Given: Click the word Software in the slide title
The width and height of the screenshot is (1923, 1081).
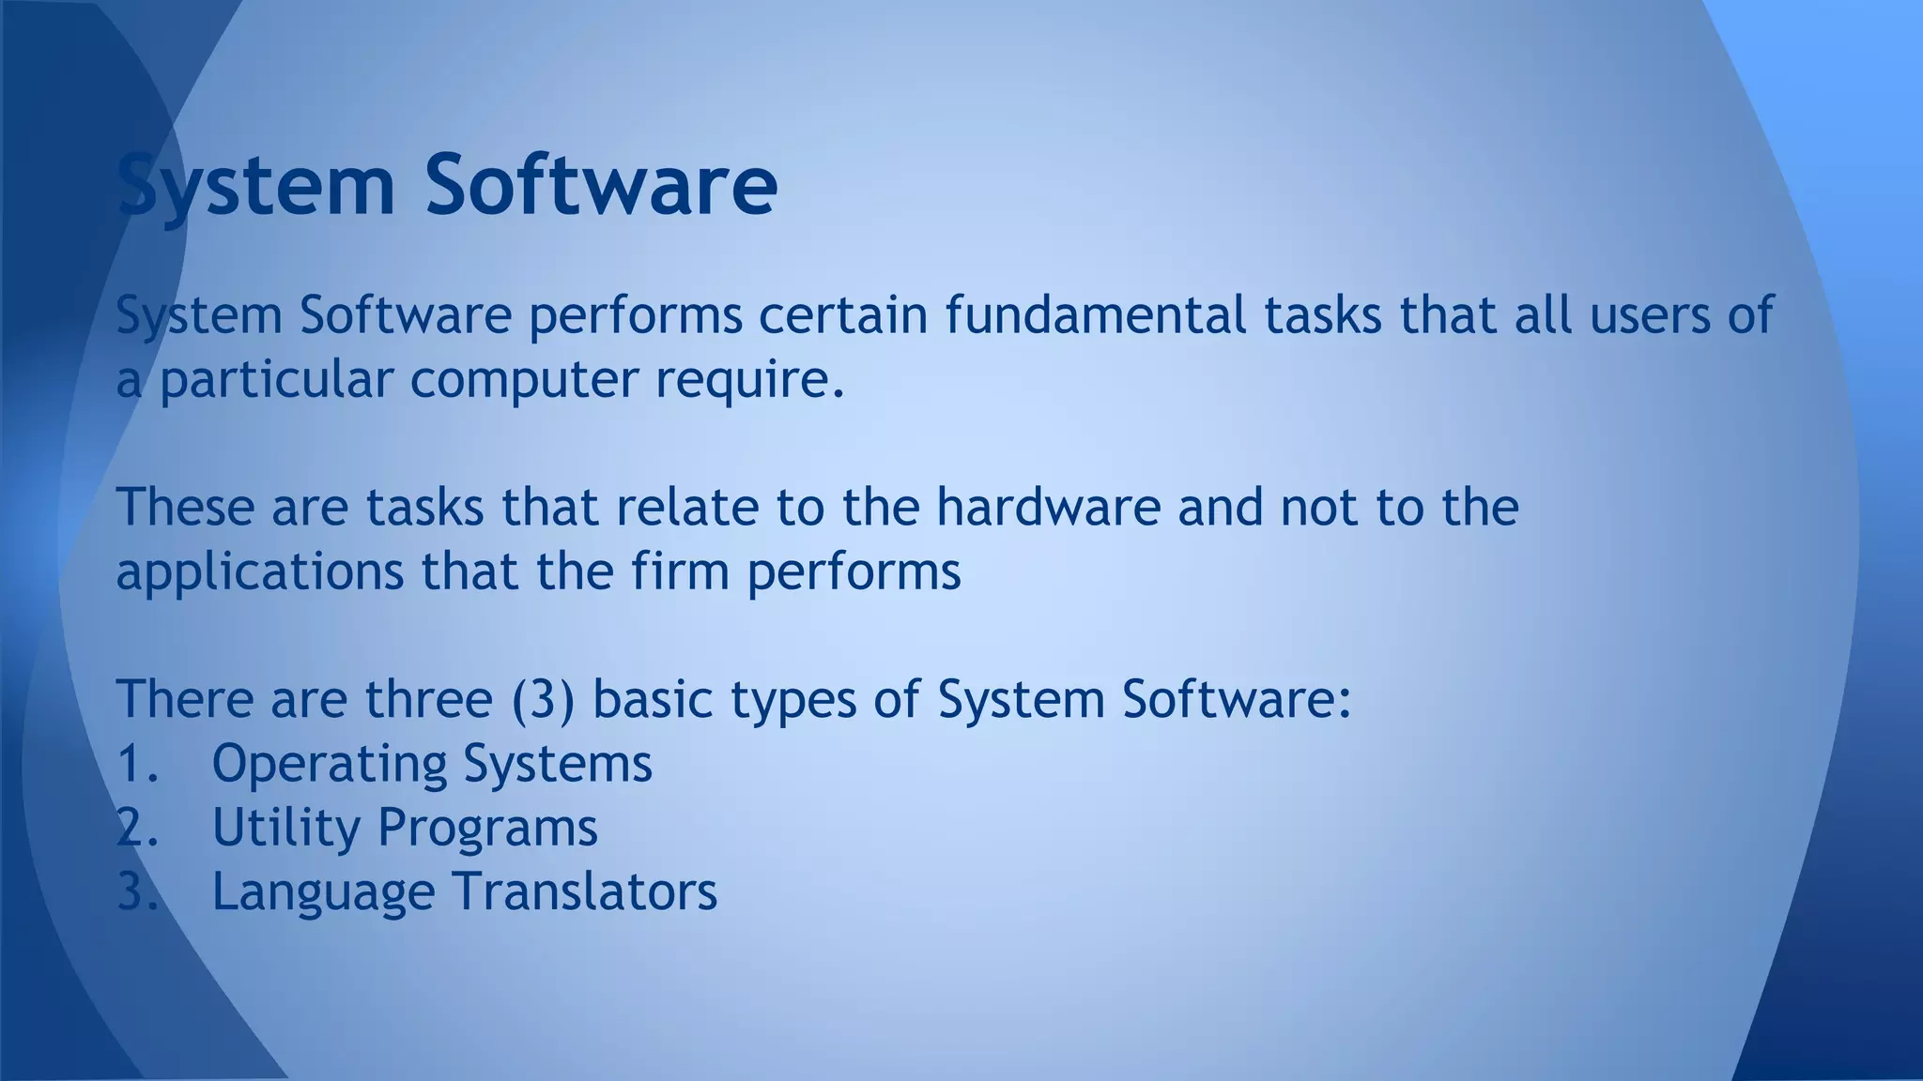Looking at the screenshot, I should [601, 185].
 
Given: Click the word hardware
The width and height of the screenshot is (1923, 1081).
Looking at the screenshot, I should [1048, 507].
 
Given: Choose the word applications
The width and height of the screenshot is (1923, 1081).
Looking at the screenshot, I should [259, 572].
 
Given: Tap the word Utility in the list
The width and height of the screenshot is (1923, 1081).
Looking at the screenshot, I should [286, 829].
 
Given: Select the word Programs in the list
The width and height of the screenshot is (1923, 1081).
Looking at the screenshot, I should [487, 829].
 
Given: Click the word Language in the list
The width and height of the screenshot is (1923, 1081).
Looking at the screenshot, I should [323, 892].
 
